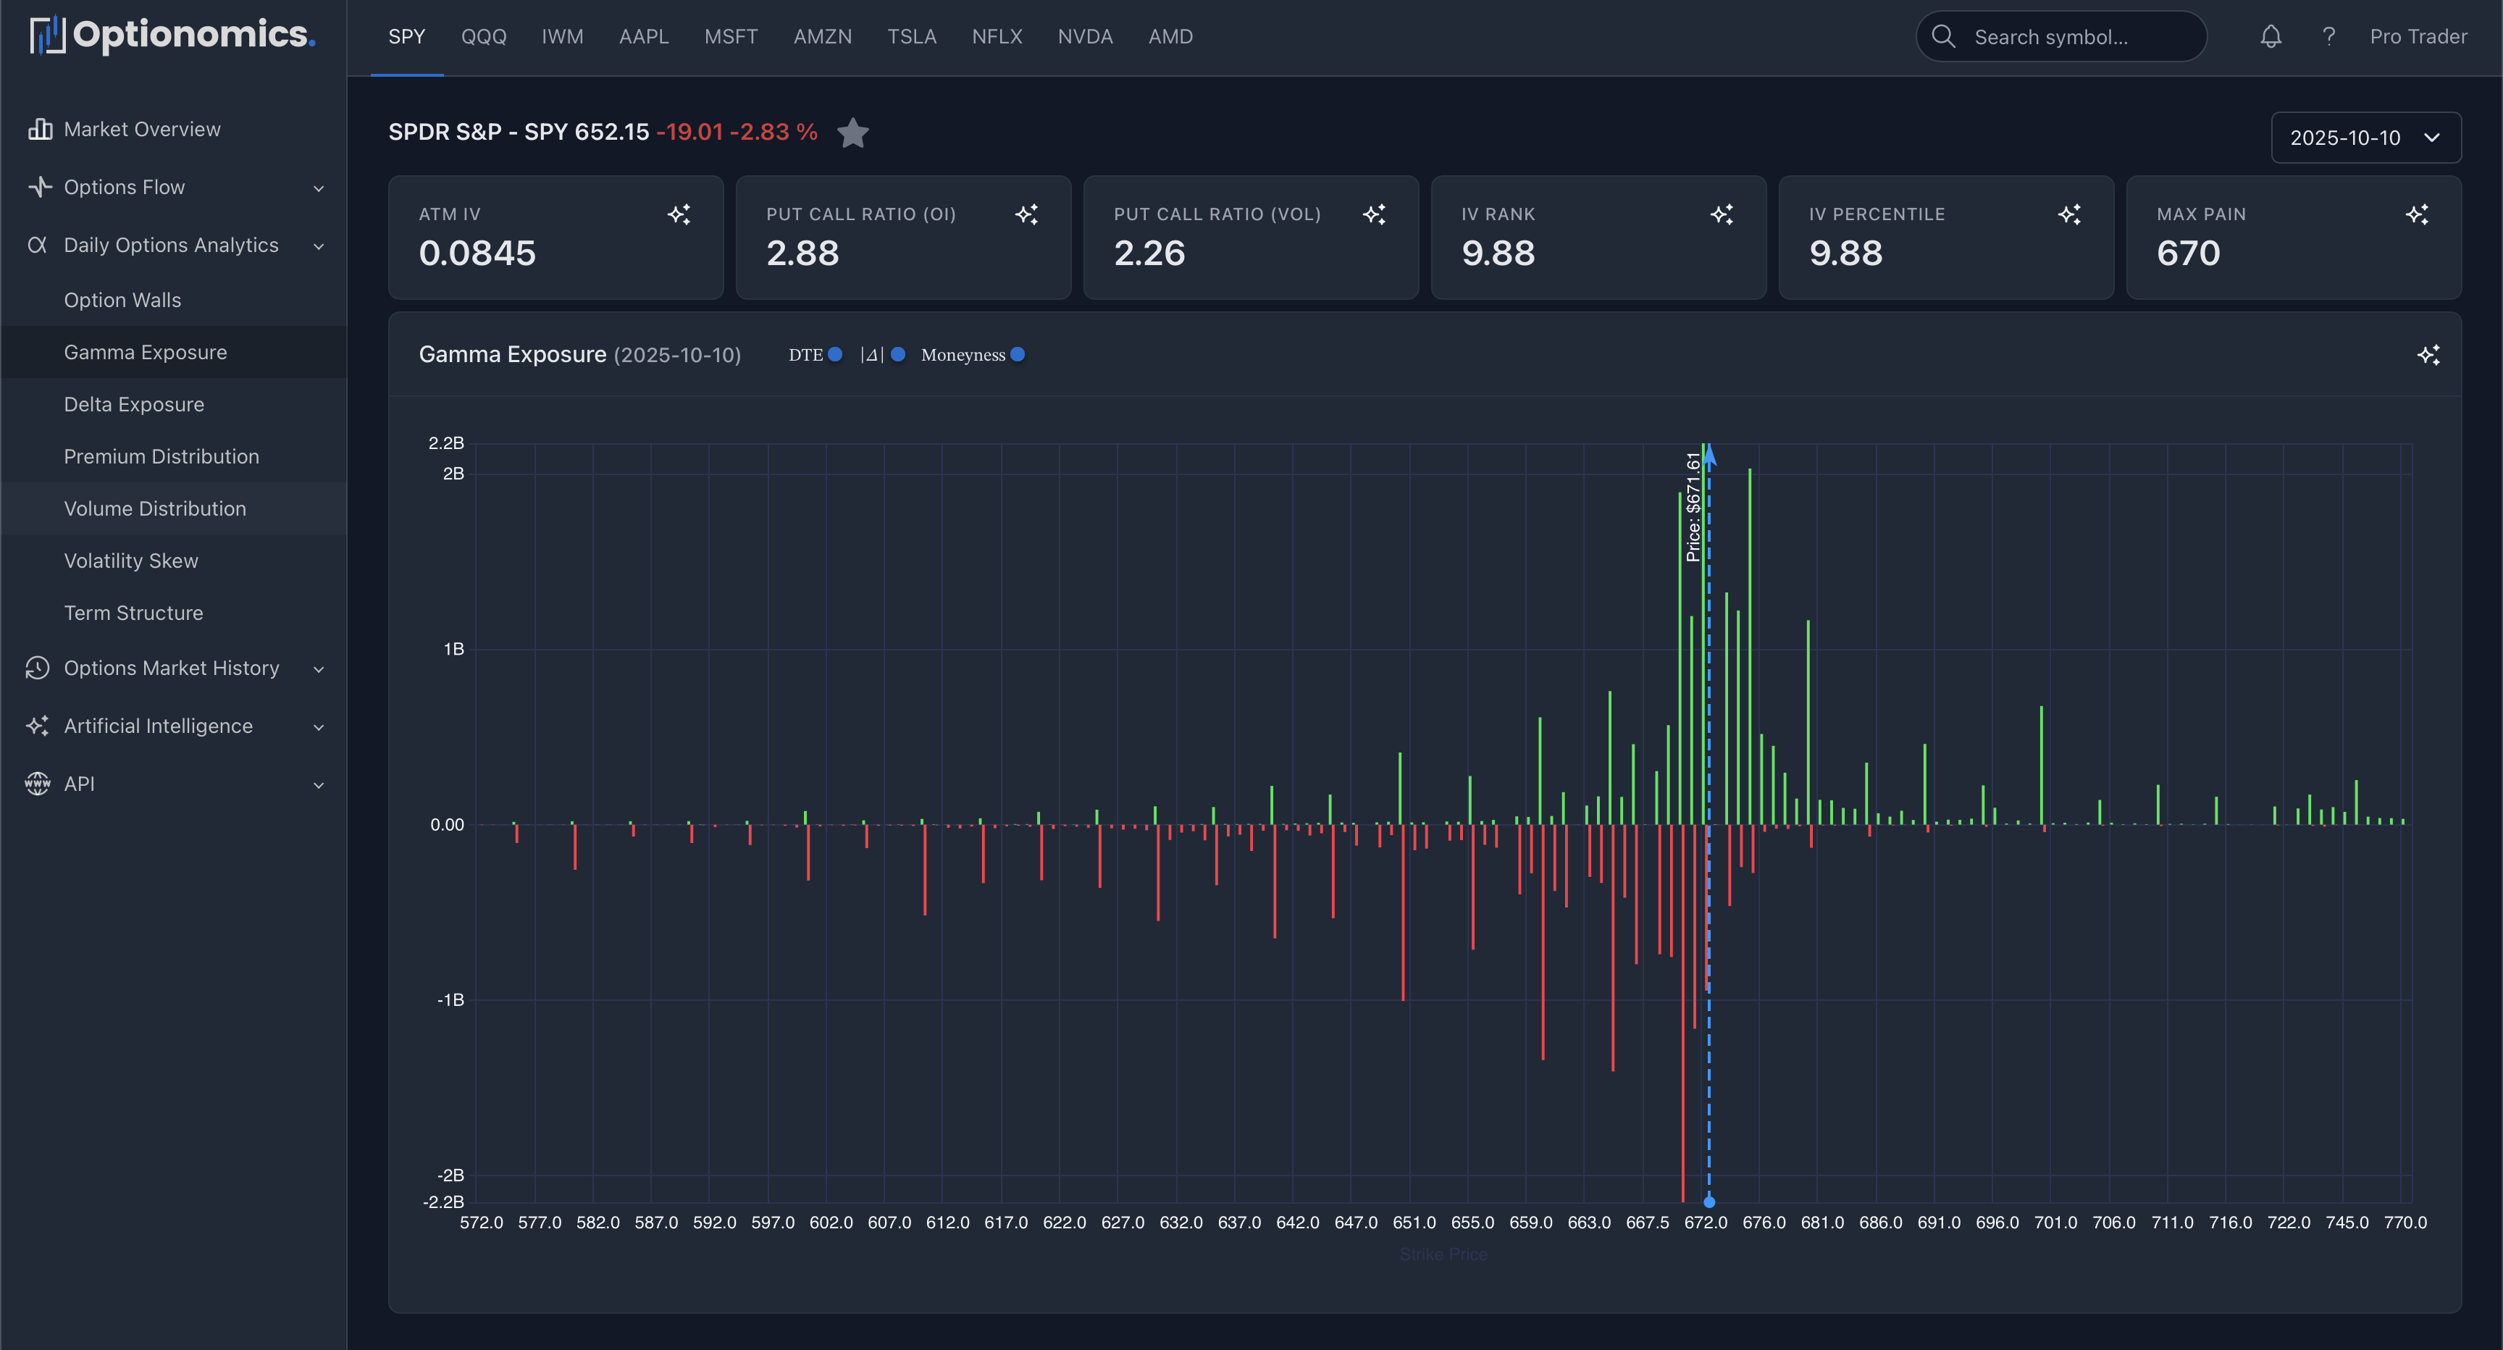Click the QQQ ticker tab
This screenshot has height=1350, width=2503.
(483, 37)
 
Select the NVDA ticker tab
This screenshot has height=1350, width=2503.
(1084, 37)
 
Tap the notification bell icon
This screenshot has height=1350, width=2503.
(2270, 37)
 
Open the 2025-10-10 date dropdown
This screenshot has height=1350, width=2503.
(2364, 137)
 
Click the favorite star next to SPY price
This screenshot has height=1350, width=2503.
(852, 133)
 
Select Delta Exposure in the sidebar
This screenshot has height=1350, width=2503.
(134, 404)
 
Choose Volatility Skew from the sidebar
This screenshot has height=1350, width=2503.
(131, 561)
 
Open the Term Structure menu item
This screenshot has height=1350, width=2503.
(134, 613)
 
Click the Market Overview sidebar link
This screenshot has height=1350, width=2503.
(142, 129)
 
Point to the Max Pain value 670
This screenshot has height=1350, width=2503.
(2188, 253)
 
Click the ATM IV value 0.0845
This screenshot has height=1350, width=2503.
(477, 253)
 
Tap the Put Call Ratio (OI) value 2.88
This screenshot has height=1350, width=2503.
(802, 253)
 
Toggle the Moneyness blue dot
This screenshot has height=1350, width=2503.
(1018, 355)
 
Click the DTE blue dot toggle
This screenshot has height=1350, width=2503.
(834, 355)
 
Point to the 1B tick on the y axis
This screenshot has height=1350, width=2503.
(453, 649)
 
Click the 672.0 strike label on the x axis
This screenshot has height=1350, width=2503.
(1706, 1223)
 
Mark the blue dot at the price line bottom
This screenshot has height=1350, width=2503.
(1709, 1202)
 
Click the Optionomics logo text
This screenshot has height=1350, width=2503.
(193, 35)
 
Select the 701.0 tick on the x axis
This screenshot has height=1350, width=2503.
(2055, 1223)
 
